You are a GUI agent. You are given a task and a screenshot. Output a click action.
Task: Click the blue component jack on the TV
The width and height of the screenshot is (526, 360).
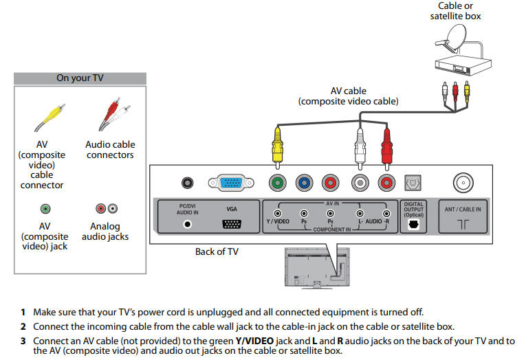point(305,183)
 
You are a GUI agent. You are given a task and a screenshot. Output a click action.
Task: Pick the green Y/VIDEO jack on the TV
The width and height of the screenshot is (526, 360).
point(277,183)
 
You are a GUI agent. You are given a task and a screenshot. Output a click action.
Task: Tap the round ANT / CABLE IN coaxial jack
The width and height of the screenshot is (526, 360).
point(462,183)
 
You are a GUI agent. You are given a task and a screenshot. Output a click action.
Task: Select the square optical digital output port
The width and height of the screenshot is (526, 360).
point(414,182)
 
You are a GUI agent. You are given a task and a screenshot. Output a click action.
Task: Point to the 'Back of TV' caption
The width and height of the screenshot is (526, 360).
point(217,251)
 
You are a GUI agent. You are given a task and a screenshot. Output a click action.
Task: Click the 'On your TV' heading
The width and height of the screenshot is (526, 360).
point(79,78)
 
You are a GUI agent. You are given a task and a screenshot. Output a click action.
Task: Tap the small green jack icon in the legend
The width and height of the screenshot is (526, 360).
point(45,208)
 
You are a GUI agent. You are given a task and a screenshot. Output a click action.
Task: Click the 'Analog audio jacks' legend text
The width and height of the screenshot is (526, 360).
point(105,232)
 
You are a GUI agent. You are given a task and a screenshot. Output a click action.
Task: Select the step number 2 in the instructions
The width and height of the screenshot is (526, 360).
point(23,326)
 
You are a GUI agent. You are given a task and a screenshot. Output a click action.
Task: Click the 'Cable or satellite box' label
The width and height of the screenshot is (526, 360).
point(456,11)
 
